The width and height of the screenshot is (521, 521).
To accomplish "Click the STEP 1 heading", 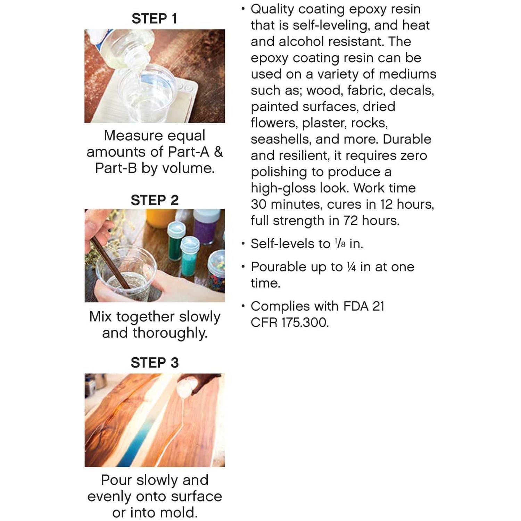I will tap(154, 18).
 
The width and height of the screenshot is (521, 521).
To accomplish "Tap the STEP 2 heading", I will tap(155, 200).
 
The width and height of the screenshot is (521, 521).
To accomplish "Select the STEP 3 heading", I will tap(155, 363).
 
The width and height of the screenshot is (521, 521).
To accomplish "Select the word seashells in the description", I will tap(281, 139).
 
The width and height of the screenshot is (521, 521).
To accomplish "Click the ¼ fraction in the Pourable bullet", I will tap(352, 267).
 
